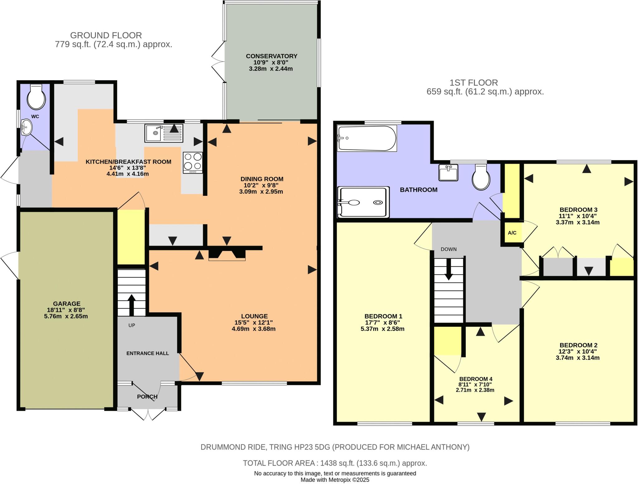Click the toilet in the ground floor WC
(x=36, y=97)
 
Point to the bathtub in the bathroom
(x=367, y=138)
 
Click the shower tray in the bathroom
(x=364, y=202)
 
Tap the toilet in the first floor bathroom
(x=481, y=177)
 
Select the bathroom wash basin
(x=448, y=172)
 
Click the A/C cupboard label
(x=512, y=233)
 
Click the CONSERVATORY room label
(x=271, y=56)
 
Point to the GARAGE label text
(x=67, y=303)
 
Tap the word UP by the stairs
(x=132, y=325)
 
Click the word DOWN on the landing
(x=449, y=249)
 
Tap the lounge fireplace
(x=227, y=253)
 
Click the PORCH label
(x=147, y=397)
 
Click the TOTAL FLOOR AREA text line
(x=335, y=463)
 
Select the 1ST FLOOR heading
(x=474, y=83)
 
